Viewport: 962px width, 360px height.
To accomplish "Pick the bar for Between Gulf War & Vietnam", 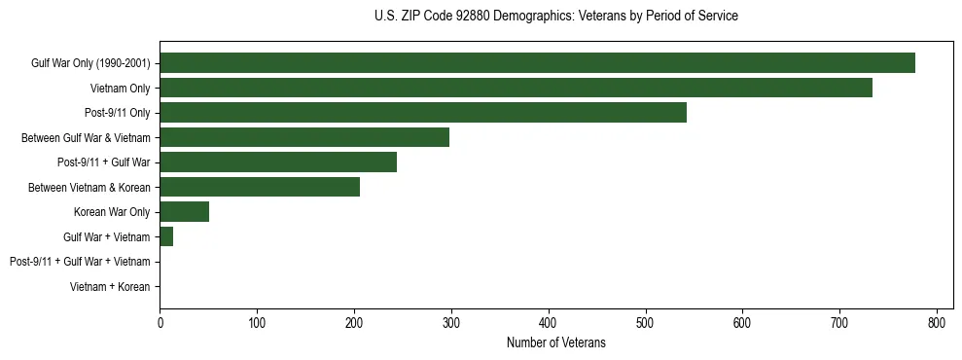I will [304, 137].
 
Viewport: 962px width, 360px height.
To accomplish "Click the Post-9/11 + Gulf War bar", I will [278, 162].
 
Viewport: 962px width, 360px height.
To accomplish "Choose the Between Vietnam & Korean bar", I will [260, 187].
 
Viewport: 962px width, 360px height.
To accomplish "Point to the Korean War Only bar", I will [184, 212].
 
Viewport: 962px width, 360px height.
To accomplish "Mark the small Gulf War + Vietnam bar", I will [166, 236].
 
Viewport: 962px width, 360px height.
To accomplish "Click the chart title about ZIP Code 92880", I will [555, 17].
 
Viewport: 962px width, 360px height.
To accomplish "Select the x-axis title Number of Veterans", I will [555, 343].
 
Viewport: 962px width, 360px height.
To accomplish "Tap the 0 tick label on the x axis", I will [160, 323].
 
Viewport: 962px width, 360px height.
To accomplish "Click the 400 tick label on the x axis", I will [549, 323].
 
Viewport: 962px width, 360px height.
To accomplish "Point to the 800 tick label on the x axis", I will [937, 323].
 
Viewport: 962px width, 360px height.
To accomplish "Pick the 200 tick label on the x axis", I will [354, 323].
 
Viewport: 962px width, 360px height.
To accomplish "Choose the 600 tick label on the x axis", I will [742, 323].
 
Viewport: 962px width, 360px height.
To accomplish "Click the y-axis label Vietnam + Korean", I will [110, 287].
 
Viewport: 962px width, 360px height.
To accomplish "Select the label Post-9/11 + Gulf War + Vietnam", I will [80, 262].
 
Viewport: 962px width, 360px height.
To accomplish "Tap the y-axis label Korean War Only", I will [112, 212].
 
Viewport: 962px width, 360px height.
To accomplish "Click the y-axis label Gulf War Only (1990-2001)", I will [90, 63].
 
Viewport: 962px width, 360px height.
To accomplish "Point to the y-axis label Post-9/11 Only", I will [117, 113].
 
